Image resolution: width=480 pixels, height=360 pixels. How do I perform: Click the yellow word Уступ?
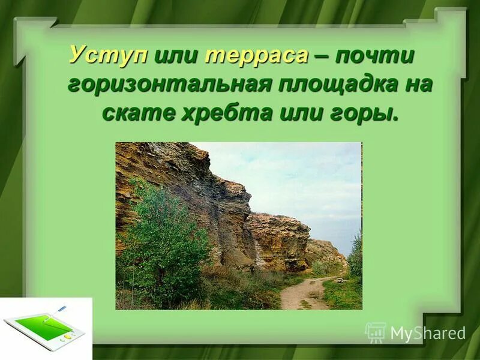(x=108, y=55)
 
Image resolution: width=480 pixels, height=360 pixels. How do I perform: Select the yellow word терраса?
(x=257, y=55)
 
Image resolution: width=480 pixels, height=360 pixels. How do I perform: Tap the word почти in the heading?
(x=374, y=55)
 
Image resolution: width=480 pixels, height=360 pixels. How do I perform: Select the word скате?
(x=137, y=112)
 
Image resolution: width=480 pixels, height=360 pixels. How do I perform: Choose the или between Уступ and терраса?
(x=177, y=55)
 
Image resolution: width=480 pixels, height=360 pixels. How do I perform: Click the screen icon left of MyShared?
(x=376, y=332)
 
